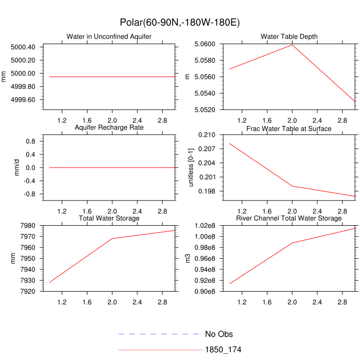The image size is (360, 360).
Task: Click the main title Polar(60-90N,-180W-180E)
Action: pyautogui.click(x=180, y=23)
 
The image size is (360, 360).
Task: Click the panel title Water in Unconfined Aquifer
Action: pyautogui.click(x=109, y=37)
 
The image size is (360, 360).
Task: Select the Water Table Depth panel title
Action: pyautogui.click(x=289, y=37)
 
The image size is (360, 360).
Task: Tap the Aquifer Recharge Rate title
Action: pyautogui.click(x=109, y=127)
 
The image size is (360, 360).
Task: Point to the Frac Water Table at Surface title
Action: pyautogui.click(x=289, y=128)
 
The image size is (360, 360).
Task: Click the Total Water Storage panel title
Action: pyautogui.click(x=109, y=219)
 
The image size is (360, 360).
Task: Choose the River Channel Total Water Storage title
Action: pyautogui.click(x=289, y=219)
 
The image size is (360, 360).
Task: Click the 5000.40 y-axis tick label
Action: pyautogui.click(x=23, y=47)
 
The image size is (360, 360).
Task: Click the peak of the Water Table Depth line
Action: pyautogui.click(x=292, y=45)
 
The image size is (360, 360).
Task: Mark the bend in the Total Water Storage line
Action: pyautogui.click(x=112, y=239)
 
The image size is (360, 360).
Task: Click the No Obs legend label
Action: pyautogui.click(x=219, y=334)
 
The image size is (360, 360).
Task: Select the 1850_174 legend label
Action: pyautogui.click(x=223, y=350)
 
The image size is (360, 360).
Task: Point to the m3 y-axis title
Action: pyautogui.click(x=188, y=258)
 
